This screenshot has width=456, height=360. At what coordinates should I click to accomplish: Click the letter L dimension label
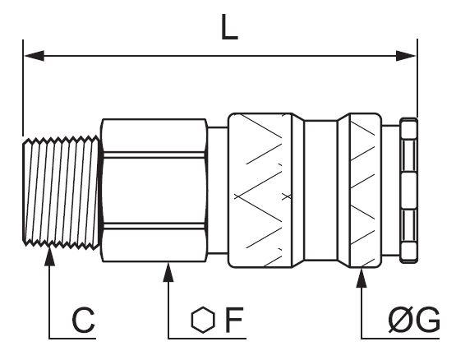[229, 27]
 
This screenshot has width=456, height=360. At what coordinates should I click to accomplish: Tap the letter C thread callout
[84, 320]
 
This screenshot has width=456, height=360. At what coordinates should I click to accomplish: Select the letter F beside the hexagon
[234, 320]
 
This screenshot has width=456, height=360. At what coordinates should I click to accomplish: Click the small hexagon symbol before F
[203, 320]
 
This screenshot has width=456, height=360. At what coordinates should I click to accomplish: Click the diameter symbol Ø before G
[401, 320]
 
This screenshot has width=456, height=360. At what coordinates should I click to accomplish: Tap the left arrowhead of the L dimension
[35, 56]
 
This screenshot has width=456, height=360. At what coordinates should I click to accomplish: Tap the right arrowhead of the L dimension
[406, 56]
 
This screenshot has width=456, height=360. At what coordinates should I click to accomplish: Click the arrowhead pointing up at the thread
[49, 256]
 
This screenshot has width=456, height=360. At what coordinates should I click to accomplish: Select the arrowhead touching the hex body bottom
[168, 272]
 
